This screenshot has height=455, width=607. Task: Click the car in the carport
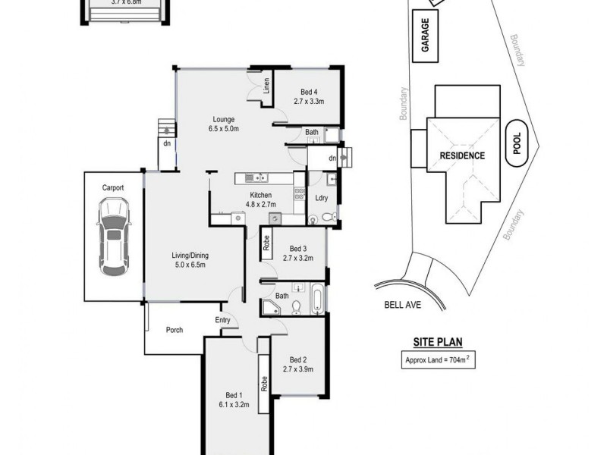(112, 237)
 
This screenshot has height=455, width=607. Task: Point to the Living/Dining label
(190, 259)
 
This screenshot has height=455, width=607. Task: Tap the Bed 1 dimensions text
(234, 405)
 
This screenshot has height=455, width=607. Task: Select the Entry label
(222, 320)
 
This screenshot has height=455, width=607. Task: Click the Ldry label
(321, 198)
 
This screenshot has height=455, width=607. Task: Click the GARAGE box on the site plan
(426, 36)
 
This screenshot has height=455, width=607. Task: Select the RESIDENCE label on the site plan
(462, 155)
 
